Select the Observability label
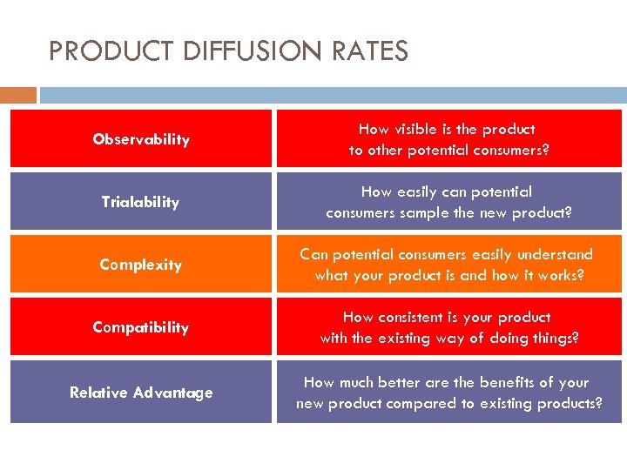point(141,139)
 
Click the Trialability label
point(140,202)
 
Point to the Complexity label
point(140,265)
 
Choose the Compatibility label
point(140,327)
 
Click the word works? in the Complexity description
point(561,275)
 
